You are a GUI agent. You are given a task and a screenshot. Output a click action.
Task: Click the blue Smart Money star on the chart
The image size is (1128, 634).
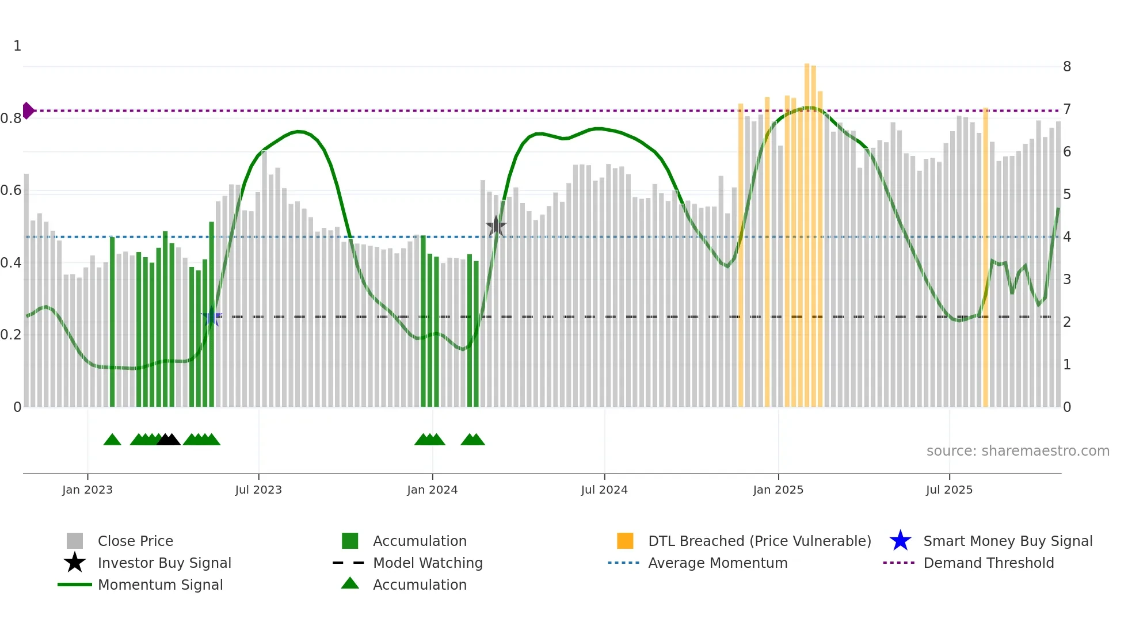tap(212, 316)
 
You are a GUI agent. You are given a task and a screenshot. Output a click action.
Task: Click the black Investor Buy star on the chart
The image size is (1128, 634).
tap(496, 227)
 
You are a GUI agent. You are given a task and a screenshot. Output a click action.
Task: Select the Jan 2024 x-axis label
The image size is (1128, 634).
tap(432, 490)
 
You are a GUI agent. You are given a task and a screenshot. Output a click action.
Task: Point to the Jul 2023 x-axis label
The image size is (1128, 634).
tap(258, 490)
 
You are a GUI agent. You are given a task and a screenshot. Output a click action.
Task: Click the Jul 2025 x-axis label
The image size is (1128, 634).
tap(949, 490)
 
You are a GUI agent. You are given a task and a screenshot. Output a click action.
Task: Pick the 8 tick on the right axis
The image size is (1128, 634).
tap(1066, 67)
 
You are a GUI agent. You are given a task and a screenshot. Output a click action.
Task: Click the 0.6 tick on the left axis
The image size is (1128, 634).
tap(11, 190)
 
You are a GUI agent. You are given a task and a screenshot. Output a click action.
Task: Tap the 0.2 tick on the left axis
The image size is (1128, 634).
tap(11, 335)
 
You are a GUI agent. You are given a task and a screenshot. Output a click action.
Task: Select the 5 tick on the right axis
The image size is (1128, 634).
tap(1066, 194)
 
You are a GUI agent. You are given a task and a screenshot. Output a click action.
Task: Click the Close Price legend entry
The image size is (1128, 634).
tap(135, 541)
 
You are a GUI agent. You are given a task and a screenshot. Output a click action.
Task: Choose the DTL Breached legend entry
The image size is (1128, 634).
tap(759, 541)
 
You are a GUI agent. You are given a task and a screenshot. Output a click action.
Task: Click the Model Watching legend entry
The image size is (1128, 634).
tap(427, 563)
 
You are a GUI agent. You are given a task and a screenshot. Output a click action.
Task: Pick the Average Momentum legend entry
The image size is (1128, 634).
tap(717, 563)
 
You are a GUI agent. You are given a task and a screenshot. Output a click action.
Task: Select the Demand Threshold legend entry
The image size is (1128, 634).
tap(988, 563)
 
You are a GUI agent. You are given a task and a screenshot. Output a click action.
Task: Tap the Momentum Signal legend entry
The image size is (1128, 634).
tap(160, 585)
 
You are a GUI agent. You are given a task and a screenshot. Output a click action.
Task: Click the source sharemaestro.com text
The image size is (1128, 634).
tap(1018, 451)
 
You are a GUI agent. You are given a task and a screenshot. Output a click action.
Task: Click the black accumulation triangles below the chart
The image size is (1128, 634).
tap(169, 440)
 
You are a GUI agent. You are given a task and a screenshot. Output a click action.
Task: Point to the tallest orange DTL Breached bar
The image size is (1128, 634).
tap(807, 230)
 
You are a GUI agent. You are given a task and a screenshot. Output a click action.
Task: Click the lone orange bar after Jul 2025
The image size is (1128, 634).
tap(985, 259)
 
